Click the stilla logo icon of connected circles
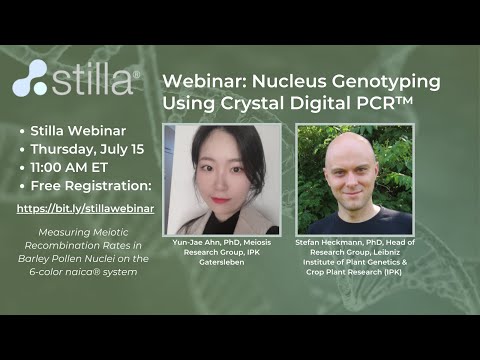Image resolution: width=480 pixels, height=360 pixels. pyautogui.click(x=30, y=77)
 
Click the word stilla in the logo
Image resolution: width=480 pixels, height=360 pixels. pyautogui.click(x=90, y=77)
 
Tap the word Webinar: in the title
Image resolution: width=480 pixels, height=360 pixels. pyautogui.click(x=201, y=78)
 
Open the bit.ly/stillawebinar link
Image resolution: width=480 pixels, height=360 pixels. pyautogui.click(x=85, y=209)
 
